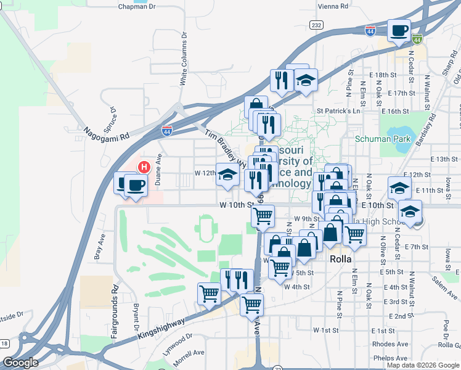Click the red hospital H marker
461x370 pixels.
coord(144,167)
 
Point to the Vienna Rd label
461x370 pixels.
coord(332,5)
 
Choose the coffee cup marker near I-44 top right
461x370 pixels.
coord(399,30)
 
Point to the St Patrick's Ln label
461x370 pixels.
coord(338,111)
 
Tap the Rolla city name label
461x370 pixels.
coord(340,259)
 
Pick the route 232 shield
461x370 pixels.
coord(316,25)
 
